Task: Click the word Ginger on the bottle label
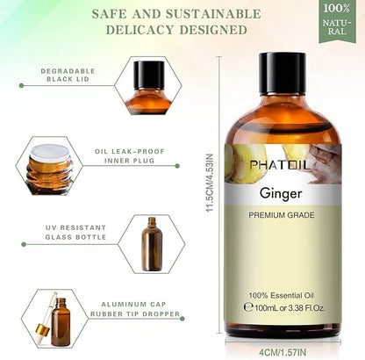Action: click(x=281, y=194)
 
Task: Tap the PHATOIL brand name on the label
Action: click(x=280, y=165)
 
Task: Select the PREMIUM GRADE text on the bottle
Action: click(x=282, y=215)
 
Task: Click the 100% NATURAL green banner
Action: click(x=337, y=20)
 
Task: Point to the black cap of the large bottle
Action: click(x=282, y=74)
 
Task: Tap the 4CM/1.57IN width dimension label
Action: click(x=283, y=352)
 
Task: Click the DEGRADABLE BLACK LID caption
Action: click(x=68, y=75)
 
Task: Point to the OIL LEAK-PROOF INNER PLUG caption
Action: click(x=130, y=156)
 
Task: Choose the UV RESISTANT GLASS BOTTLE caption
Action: click(x=75, y=233)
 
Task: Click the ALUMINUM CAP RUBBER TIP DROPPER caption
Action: click(x=135, y=309)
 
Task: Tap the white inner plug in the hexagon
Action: click(x=50, y=153)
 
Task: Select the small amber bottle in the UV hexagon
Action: click(x=152, y=244)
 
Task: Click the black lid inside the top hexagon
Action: click(x=149, y=75)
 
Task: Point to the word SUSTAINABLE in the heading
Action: click(x=213, y=14)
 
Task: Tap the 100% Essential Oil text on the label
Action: click(x=281, y=295)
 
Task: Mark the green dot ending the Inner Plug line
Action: click(x=177, y=166)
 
